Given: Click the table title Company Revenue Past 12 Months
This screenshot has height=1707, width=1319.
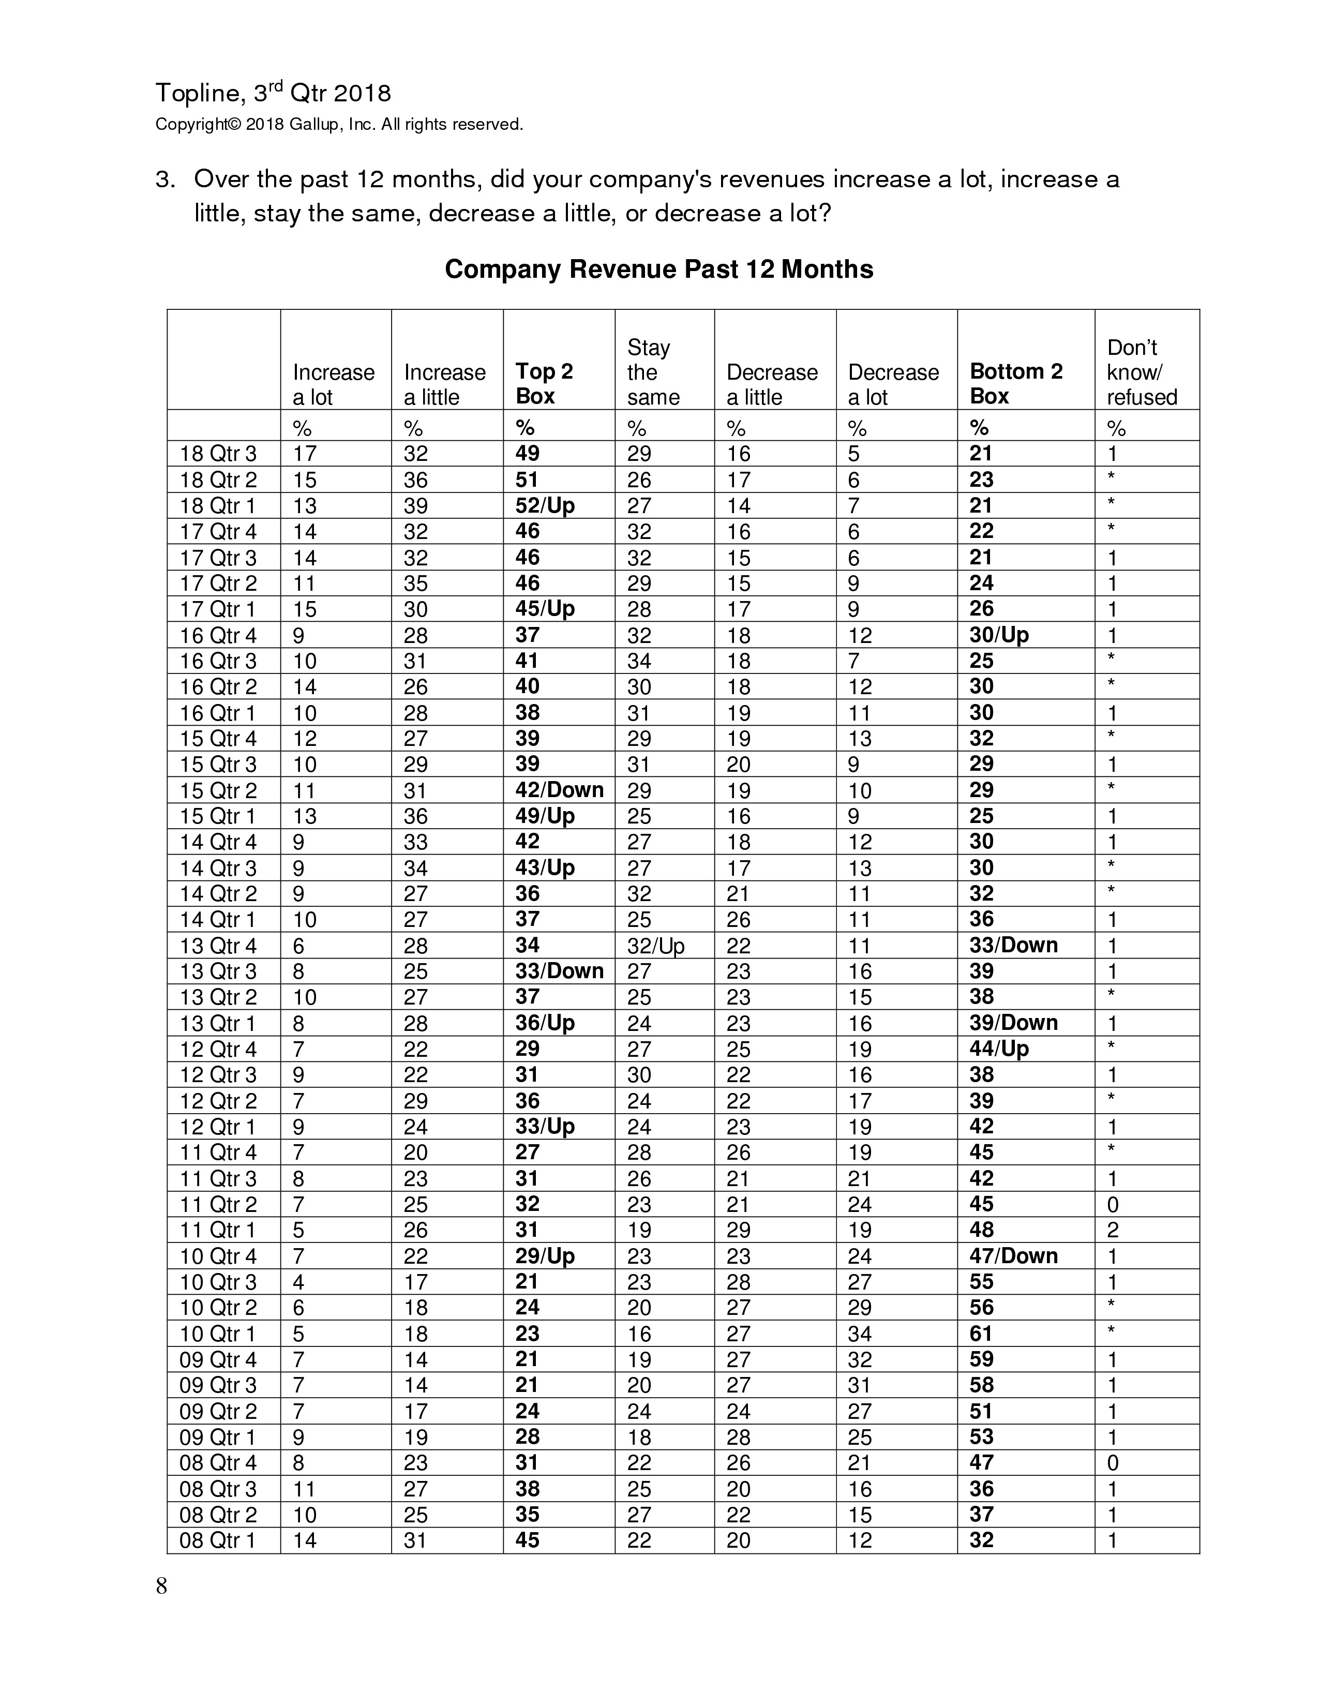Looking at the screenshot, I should click(658, 269).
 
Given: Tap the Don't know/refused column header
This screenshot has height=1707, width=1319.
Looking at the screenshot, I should click(1141, 372).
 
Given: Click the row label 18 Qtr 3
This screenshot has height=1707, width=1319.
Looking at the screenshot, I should click(218, 454).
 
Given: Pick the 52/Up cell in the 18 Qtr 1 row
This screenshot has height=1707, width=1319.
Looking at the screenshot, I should click(545, 506).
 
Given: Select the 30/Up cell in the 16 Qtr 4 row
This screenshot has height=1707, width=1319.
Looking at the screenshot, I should click(999, 635).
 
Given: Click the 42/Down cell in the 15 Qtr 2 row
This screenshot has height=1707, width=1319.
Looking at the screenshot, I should click(559, 790).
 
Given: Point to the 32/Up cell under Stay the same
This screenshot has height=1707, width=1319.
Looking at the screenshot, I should click(655, 946).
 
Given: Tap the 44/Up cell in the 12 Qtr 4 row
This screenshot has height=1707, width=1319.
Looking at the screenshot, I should click(999, 1049).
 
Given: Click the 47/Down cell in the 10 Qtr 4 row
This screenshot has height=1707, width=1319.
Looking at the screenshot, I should click(1013, 1256).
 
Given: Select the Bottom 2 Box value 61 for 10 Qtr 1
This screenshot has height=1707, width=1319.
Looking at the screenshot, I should click(981, 1334).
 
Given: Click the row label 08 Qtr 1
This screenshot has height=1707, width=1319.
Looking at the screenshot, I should click(218, 1540).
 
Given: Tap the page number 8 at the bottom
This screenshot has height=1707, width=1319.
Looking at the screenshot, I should click(162, 1586).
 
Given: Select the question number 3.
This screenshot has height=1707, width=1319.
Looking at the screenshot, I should click(164, 180).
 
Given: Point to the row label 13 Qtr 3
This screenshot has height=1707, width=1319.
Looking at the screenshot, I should click(218, 971).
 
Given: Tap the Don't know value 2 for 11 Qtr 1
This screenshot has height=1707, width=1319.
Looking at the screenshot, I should click(1113, 1230).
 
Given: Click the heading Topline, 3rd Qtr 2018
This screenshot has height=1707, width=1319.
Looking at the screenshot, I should click(273, 93).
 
